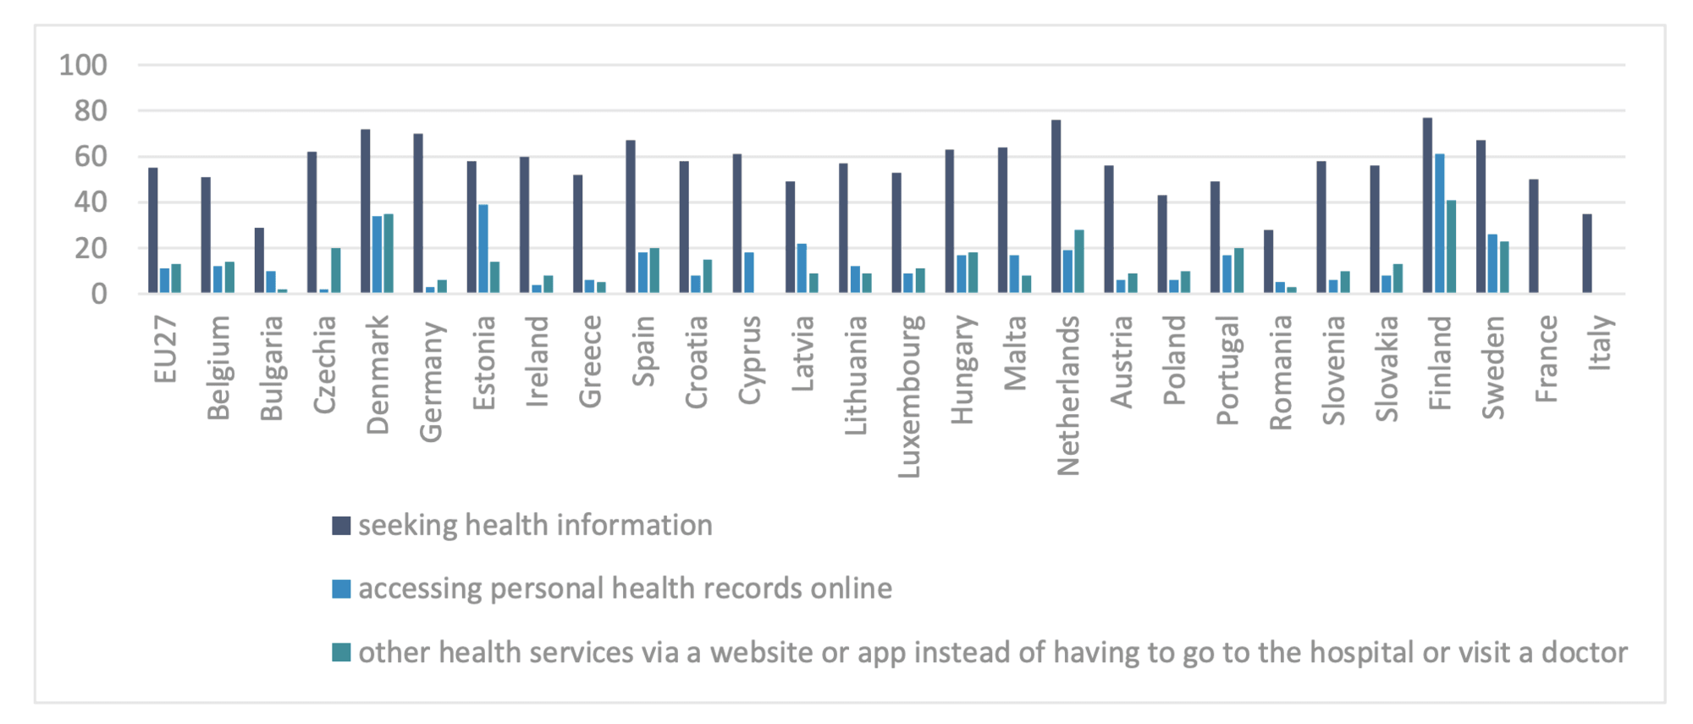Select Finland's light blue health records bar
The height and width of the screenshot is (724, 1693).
pos(1439,224)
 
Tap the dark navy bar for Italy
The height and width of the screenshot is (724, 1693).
pos(1586,254)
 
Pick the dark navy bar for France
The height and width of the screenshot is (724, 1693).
pos(1533,236)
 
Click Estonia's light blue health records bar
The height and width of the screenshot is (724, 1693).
pos(483,249)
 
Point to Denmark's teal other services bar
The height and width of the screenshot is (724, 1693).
pos(389,253)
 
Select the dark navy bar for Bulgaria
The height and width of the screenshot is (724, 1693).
pos(259,261)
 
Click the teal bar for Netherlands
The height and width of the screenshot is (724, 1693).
pos(1079,262)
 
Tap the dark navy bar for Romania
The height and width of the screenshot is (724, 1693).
pos(1268,262)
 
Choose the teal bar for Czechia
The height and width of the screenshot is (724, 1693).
pos(336,271)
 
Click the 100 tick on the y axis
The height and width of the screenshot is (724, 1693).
pos(83,65)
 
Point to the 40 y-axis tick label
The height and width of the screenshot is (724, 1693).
pos(91,202)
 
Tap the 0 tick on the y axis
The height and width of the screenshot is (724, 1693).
pos(99,295)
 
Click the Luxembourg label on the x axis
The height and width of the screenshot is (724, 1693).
pos(909,396)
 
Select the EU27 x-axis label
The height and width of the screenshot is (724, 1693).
pos(166,349)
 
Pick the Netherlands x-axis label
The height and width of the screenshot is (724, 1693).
pos(1068,395)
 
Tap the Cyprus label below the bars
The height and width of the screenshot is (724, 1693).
pos(750,359)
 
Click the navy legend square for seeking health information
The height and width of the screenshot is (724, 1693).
pos(341,526)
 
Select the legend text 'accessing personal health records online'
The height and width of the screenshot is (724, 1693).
pos(625,589)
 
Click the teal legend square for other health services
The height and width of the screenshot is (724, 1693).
pos(341,653)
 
